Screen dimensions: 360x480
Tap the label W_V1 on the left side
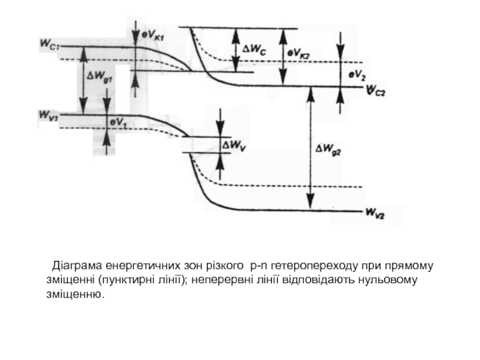pos(49,112)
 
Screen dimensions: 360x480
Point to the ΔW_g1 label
pos(100,77)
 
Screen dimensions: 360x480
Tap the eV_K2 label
pos(298,53)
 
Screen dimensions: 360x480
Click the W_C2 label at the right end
pos(376,90)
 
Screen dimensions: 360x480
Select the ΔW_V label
pos(235,145)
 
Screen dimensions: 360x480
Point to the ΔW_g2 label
pos(328,152)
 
